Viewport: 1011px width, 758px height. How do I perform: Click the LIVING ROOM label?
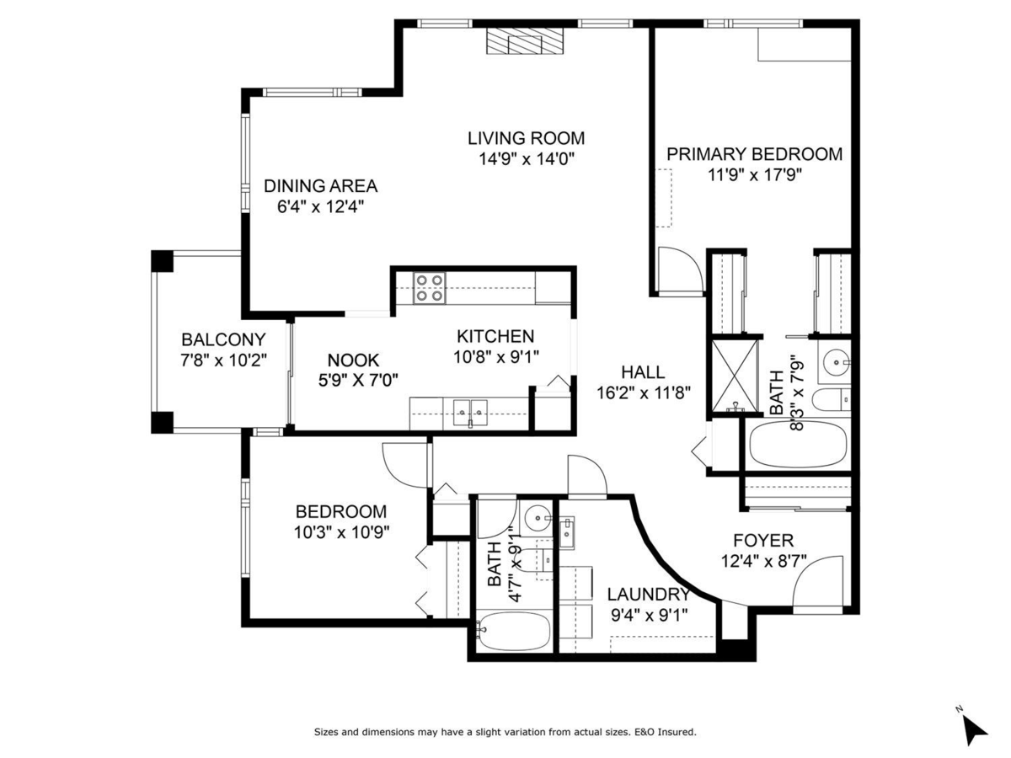tap(526, 138)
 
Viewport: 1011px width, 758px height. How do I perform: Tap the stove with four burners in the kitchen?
tap(430, 288)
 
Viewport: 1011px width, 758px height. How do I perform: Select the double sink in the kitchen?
tap(470, 413)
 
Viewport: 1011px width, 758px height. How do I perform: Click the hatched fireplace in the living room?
tap(525, 41)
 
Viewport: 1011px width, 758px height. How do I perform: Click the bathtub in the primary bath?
tap(798, 445)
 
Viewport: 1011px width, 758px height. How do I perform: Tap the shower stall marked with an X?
tap(735, 376)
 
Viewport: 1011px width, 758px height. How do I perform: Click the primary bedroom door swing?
tap(681, 270)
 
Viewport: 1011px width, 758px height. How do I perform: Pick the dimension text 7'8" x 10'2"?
tap(224, 360)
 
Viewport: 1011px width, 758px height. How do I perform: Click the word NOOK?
tap(353, 360)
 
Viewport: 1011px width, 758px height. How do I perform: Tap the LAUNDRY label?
tap(649, 594)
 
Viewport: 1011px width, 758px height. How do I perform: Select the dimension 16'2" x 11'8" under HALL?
tap(644, 392)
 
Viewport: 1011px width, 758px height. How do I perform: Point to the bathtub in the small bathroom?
tap(514, 631)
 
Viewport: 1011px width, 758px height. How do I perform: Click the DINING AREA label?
tap(321, 186)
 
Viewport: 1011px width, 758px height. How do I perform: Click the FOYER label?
tap(763, 541)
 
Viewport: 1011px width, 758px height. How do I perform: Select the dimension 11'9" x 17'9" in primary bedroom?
tap(755, 175)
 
